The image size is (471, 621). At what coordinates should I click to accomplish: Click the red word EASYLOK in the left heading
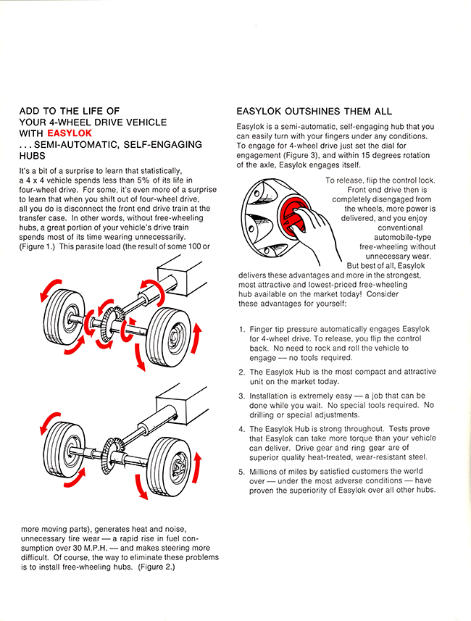click(68, 133)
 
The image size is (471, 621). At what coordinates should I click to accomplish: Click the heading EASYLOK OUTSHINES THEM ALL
click(314, 112)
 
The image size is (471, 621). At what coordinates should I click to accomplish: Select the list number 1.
click(241, 329)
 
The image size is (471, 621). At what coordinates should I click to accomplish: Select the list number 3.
click(241, 396)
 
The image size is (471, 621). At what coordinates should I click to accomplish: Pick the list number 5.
click(241, 472)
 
